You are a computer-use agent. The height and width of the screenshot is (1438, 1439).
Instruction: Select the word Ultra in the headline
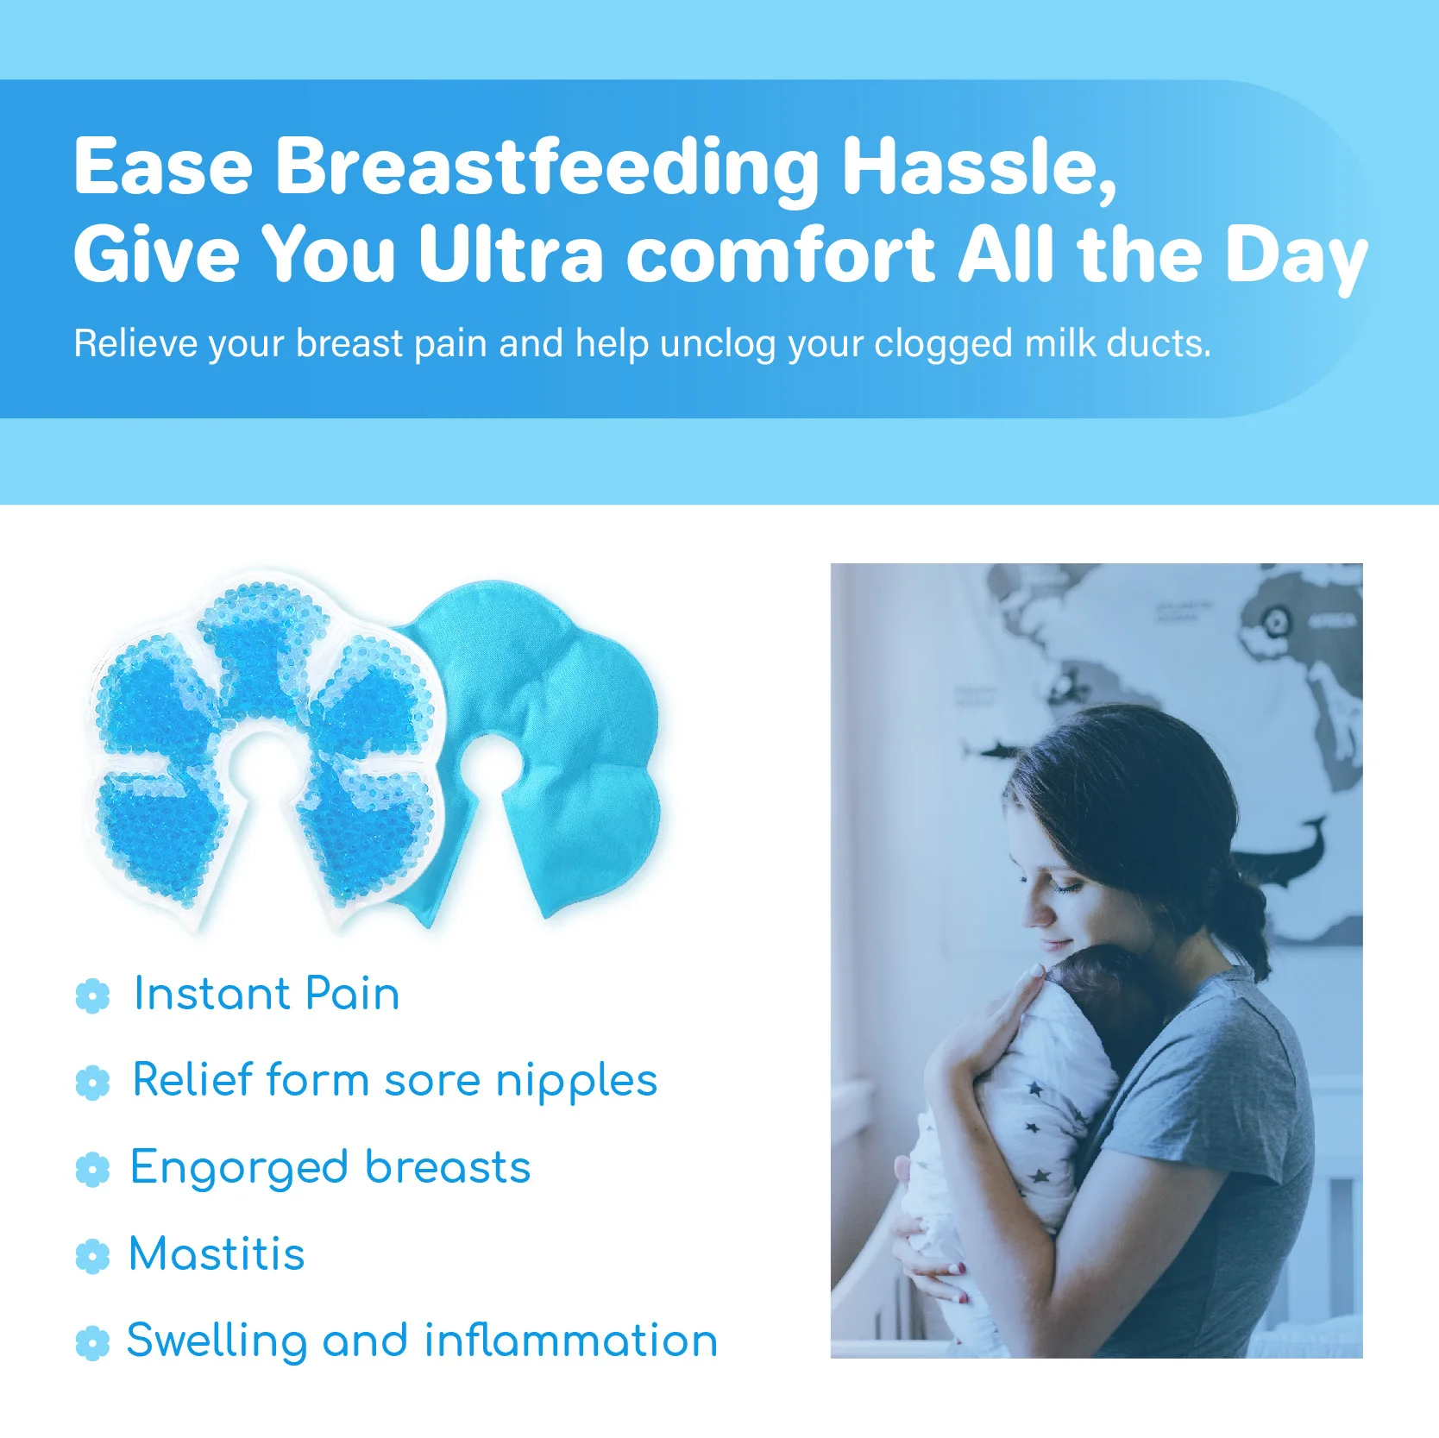[511, 254]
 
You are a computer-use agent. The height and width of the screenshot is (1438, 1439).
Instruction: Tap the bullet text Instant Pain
[267, 993]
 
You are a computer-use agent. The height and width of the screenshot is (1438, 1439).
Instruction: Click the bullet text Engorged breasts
[330, 1169]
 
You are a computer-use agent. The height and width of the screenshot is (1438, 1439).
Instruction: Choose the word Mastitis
[217, 1253]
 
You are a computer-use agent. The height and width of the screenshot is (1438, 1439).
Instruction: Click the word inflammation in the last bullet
[570, 1340]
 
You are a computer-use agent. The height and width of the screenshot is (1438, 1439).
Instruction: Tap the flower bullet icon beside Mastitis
[92, 1256]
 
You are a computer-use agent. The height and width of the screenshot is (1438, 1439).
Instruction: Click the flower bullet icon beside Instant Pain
[92, 995]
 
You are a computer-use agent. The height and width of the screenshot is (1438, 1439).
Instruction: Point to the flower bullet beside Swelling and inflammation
[92, 1343]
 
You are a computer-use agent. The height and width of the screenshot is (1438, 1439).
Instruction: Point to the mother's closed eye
[1068, 888]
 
